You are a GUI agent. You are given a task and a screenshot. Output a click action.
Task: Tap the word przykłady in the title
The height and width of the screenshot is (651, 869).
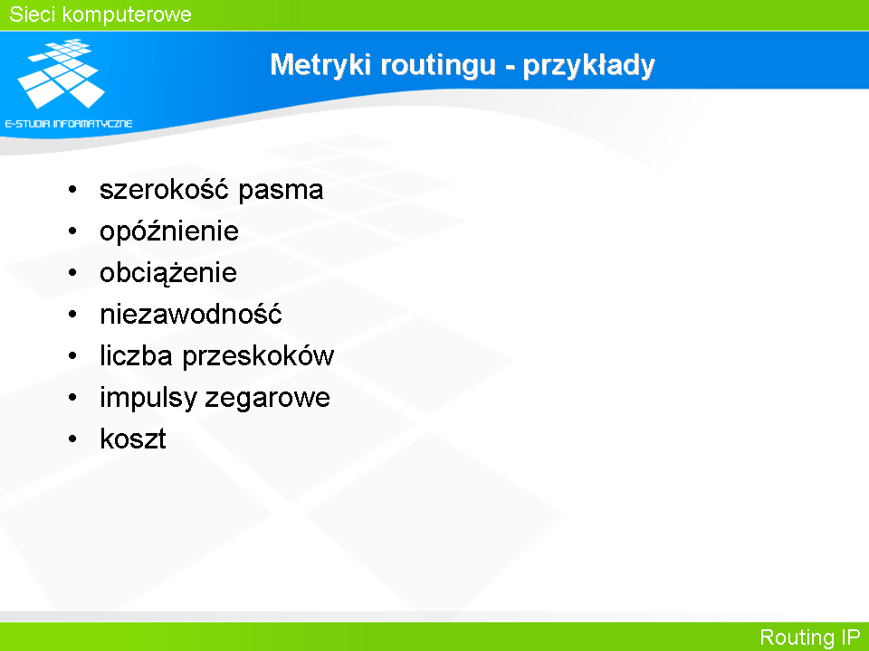pos(588,66)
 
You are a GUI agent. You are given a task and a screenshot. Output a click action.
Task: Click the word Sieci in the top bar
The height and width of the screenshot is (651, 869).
pos(31,14)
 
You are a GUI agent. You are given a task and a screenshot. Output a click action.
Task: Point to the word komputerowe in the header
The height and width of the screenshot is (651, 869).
pos(127,15)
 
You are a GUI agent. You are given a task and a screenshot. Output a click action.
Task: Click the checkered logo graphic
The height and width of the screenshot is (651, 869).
pos(61,73)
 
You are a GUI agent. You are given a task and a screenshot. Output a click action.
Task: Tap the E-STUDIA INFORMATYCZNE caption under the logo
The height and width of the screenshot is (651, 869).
pos(69,124)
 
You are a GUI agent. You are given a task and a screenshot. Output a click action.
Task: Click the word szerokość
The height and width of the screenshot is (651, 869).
pos(164,189)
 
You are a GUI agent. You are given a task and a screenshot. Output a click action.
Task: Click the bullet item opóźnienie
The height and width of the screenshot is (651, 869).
pos(169,231)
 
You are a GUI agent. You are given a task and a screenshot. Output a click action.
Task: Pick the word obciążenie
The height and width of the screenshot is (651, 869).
pos(168,273)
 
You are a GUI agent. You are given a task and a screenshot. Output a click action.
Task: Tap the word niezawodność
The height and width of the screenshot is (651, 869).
pos(191,314)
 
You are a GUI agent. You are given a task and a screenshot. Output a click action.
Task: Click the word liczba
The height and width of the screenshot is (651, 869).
pos(136,355)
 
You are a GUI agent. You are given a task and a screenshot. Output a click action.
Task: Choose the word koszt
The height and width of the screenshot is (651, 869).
pos(133,439)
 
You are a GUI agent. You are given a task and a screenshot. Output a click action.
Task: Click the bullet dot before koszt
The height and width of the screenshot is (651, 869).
pos(72,439)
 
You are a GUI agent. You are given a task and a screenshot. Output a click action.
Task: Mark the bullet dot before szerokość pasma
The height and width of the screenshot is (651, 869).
pos(72,190)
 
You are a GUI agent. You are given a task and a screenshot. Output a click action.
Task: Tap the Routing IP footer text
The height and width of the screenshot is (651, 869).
pos(809,637)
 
